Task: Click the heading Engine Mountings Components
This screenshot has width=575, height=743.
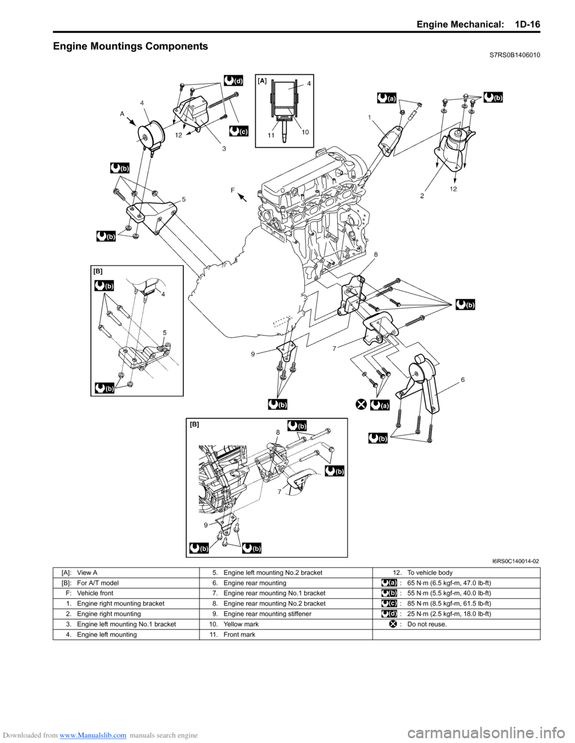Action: [131, 46]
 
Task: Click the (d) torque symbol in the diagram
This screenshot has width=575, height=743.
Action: [234, 80]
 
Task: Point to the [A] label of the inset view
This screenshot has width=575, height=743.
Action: [262, 80]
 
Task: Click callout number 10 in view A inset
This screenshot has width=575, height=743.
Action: [305, 132]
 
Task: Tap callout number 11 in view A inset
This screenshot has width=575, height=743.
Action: [271, 135]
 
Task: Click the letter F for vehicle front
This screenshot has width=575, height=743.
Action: [231, 190]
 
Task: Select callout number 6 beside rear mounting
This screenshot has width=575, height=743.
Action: [462, 379]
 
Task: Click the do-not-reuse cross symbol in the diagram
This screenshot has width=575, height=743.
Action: [361, 404]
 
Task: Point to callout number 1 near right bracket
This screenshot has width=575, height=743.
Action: [370, 117]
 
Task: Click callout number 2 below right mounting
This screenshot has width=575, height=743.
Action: [422, 196]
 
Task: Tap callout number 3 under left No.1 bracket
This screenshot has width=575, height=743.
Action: [223, 148]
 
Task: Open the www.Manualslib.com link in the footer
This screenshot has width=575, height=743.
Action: [93, 735]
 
